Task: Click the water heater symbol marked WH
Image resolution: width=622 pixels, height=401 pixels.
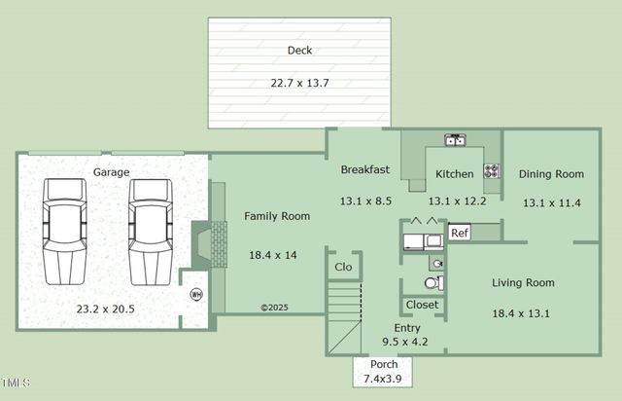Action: tap(196, 295)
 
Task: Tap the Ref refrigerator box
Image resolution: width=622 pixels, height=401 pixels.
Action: tap(460, 233)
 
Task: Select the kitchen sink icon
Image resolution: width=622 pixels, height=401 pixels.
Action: tap(455, 140)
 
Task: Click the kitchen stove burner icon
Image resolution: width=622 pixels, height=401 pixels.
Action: tap(491, 171)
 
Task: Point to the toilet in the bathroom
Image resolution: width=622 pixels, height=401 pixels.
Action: tap(434, 283)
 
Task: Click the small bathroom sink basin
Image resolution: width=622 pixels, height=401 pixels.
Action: tap(437, 263)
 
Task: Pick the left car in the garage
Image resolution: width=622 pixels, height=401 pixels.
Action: tap(65, 232)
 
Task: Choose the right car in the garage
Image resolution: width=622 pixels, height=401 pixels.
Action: tap(151, 232)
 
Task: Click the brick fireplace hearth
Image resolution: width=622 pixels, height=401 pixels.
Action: tap(219, 244)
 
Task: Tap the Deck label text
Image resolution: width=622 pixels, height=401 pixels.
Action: tap(299, 51)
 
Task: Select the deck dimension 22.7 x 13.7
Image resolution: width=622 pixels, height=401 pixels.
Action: tap(299, 83)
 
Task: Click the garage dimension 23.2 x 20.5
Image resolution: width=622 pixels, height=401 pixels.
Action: tap(106, 309)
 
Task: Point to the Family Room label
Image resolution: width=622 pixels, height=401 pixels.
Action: tap(277, 216)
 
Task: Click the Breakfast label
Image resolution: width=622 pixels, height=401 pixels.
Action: tap(365, 169)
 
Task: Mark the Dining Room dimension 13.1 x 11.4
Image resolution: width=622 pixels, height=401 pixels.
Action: tap(551, 203)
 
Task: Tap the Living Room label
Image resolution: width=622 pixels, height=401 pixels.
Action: tap(523, 283)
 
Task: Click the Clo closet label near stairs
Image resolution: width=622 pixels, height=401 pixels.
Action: tap(343, 267)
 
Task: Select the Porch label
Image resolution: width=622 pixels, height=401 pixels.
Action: tap(384, 364)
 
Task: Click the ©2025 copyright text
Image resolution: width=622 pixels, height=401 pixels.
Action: tap(274, 308)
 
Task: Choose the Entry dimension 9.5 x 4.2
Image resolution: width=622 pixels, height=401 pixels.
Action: tap(405, 342)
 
